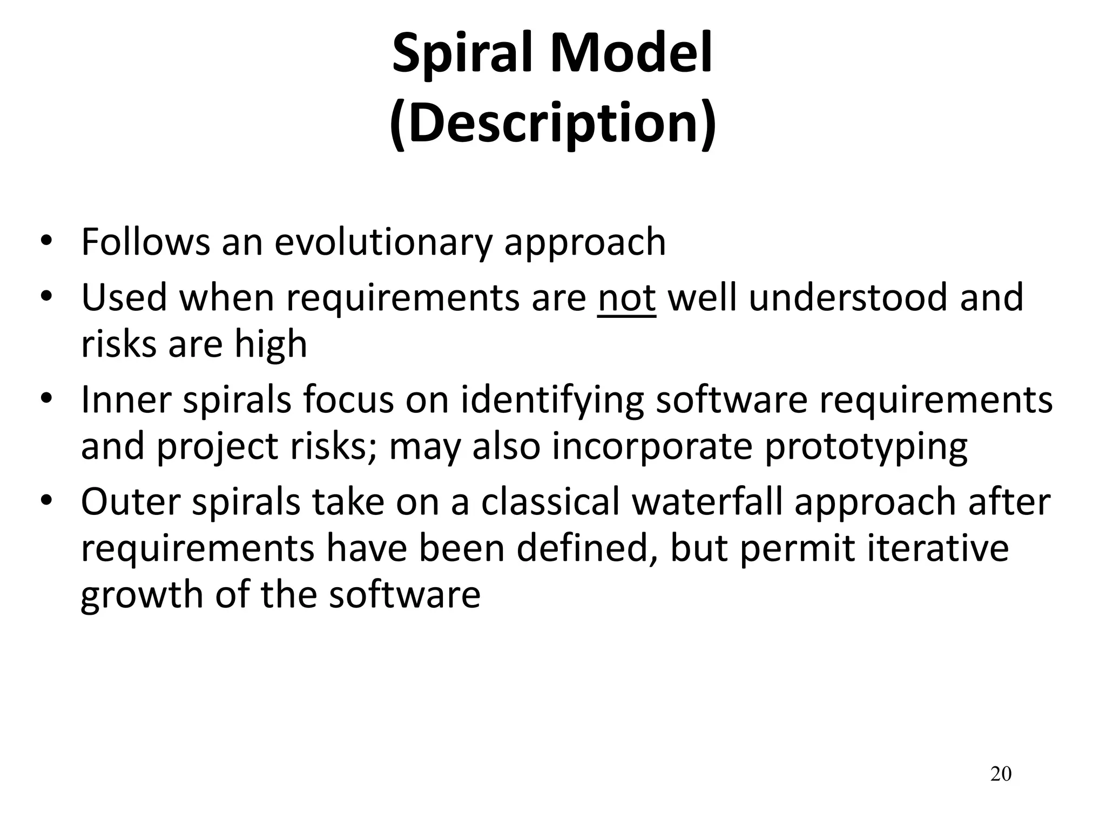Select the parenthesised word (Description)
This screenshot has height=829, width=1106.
(x=552, y=123)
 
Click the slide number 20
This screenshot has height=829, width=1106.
(x=1001, y=774)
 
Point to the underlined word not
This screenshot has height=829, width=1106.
(x=626, y=297)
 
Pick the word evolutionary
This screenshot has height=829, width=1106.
(x=383, y=242)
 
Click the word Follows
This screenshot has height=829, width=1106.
(x=145, y=242)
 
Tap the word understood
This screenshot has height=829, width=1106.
(x=848, y=297)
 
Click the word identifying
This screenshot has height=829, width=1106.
(x=552, y=401)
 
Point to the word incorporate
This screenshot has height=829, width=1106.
(x=652, y=447)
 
